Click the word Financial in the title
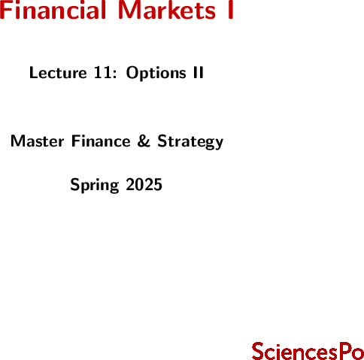click(x=53, y=10)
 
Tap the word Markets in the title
click(x=166, y=10)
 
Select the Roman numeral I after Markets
click(x=230, y=10)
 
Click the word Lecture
click(x=58, y=73)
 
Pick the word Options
click(x=156, y=74)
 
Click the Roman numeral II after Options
click(x=198, y=73)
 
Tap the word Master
click(x=37, y=141)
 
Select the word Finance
click(x=101, y=141)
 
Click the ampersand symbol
click(x=144, y=141)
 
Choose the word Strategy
click(x=190, y=142)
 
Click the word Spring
click(x=95, y=186)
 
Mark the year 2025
click(x=144, y=184)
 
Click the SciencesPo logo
click(x=308, y=351)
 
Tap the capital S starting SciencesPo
click(x=259, y=351)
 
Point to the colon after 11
click(x=114, y=74)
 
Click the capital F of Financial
click(x=5, y=10)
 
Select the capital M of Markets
click(x=128, y=10)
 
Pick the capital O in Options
click(x=132, y=73)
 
